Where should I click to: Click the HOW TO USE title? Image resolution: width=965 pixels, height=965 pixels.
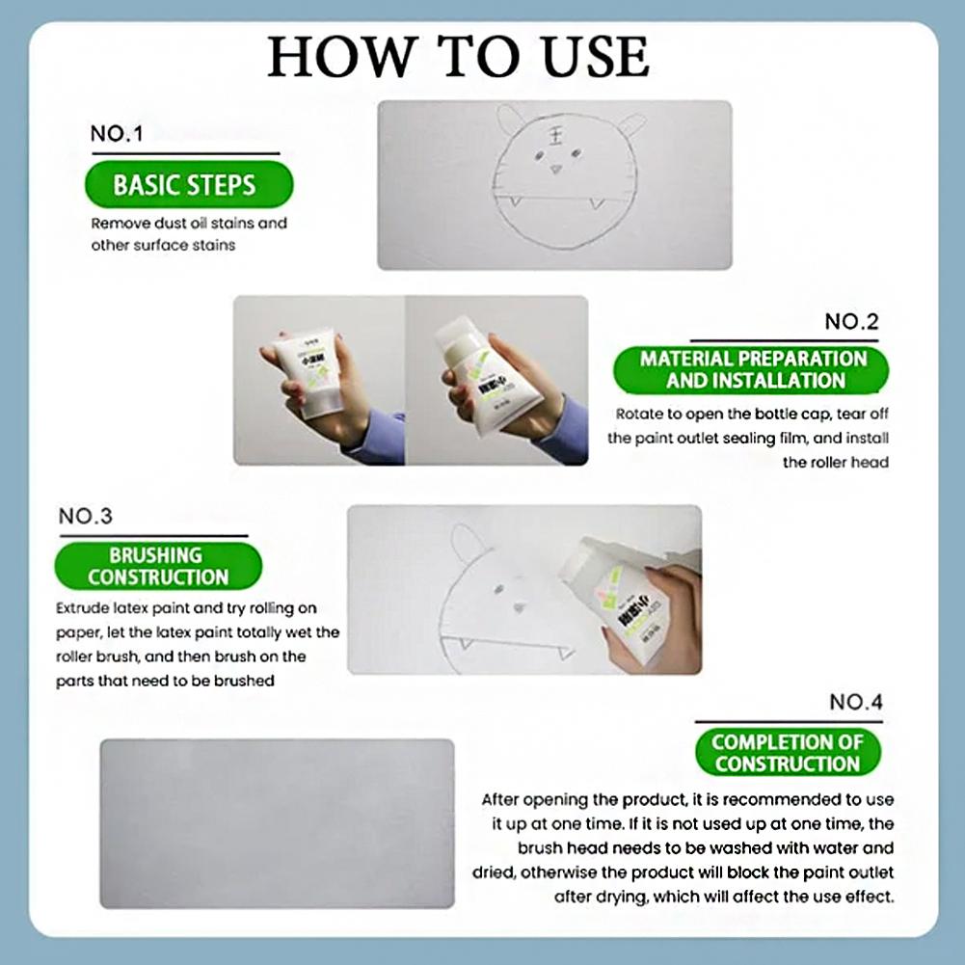pyautogui.click(x=458, y=58)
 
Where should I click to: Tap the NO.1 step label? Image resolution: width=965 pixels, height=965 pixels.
pyautogui.click(x=116, y=134)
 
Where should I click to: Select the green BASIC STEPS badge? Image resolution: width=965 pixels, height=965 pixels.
pyautogui.click(x=184, y=185)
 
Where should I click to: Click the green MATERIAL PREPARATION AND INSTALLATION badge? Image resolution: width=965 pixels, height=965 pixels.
pyautogui.click(x=753, y=369)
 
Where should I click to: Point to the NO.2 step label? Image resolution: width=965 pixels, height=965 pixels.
pyautogui.click(x=851, y=322)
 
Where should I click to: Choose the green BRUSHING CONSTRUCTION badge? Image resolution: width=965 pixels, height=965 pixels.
pyautogui.click(x=156, y=567)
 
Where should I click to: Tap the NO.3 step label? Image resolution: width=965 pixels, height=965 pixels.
pyautogui.click(x=85, y=517)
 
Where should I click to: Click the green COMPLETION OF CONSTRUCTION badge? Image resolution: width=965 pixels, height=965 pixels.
pyautogui.click(x=787, y=753)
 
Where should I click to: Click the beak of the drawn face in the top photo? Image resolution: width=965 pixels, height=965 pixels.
pyautogui.click(x=556, y=170)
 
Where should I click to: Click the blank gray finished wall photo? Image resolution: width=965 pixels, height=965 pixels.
pyautogui.click(x=277, y=823)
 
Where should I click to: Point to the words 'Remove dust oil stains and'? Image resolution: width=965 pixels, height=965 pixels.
pyautogui.click(x=189, y=224)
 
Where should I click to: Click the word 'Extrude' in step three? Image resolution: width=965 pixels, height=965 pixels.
pyautogui.click(x=82, y=609)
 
